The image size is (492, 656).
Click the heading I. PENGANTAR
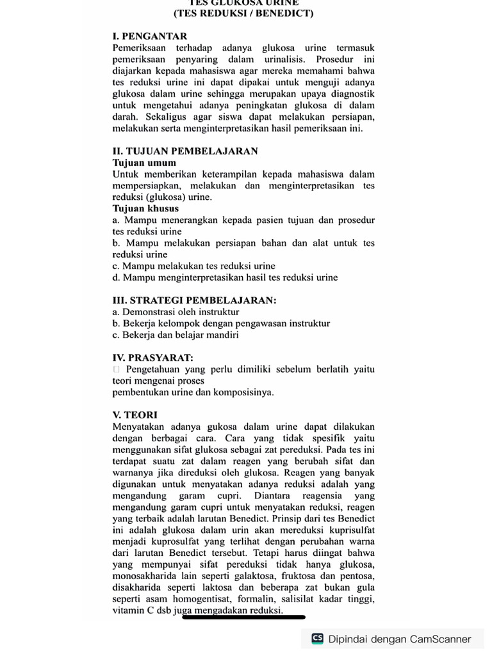coord(150,37)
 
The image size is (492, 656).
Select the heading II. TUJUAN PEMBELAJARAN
coord(185,151)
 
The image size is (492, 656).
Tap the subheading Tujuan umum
coord(144,163)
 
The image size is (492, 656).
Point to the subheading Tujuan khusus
coord(145,209)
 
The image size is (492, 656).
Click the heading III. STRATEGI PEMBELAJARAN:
coord(194,300)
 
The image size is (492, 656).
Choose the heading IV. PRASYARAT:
coord(152,357)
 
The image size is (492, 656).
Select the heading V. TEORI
coord(135,415)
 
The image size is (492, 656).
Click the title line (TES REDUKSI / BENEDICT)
coord(243,13)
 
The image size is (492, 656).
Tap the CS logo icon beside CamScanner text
coord(317,639)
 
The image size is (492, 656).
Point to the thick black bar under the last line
coord(243,618)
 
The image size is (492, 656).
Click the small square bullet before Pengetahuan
coord(116,370)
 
